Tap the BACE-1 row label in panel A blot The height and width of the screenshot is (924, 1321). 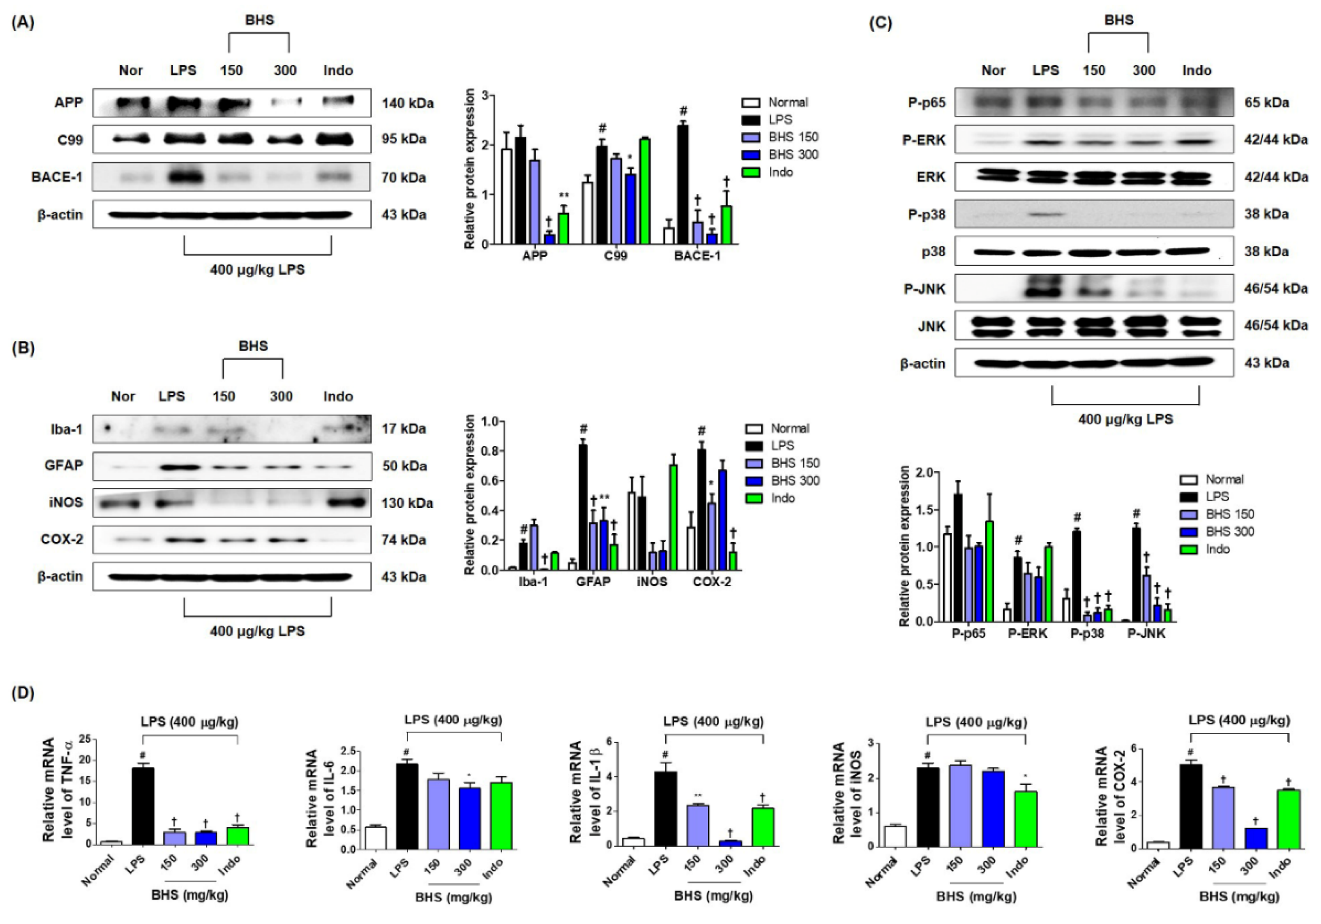[57, 177]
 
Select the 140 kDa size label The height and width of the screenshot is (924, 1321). [407, 104]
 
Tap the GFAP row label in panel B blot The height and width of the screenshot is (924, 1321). [64, 466]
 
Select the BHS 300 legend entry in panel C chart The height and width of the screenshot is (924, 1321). [1230, 532]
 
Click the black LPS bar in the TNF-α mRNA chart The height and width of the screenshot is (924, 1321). [143, 805]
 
